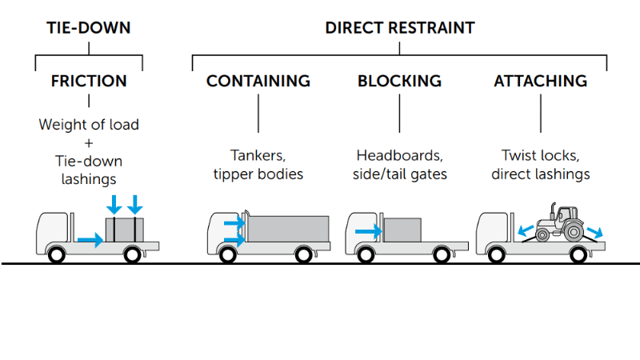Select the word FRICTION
(x=88, y=82)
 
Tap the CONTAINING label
(x=258, y=82)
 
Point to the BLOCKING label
(x=399, y=82)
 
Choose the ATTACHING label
(x=540, y=82)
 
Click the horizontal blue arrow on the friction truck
(x=90, y=239)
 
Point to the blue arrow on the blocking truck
(x=368, y=231)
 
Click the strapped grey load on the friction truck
(x=125, y=229)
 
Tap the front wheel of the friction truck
(x=57, y=255)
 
